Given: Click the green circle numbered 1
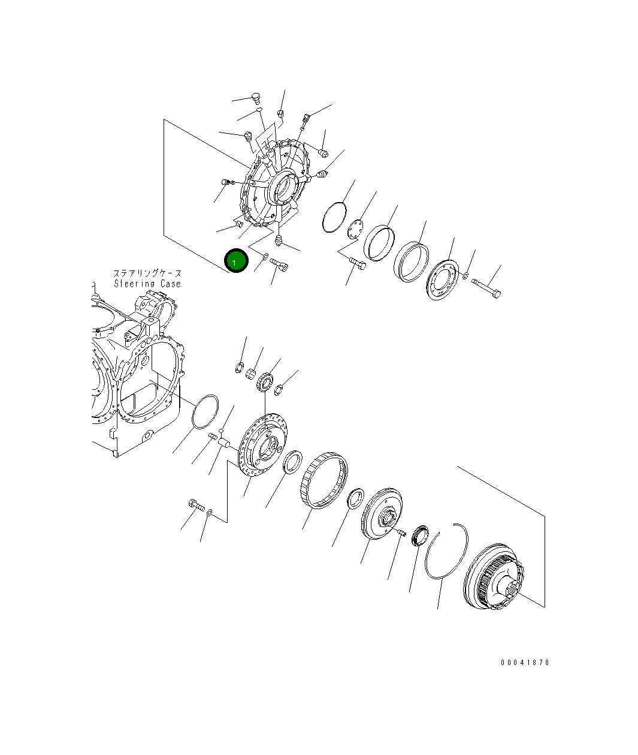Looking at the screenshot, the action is (x=236, y=260).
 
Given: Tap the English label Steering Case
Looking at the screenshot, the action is (x=147, y=284).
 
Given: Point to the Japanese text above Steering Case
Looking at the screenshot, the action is (x=147, y=273).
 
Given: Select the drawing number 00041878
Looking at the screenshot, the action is (x=525, y=662).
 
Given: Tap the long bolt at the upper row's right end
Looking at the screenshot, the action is (x=486, y=288).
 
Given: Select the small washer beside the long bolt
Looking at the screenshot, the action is (x=465, y=275).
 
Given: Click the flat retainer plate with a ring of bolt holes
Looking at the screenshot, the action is (x=442, y=279).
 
